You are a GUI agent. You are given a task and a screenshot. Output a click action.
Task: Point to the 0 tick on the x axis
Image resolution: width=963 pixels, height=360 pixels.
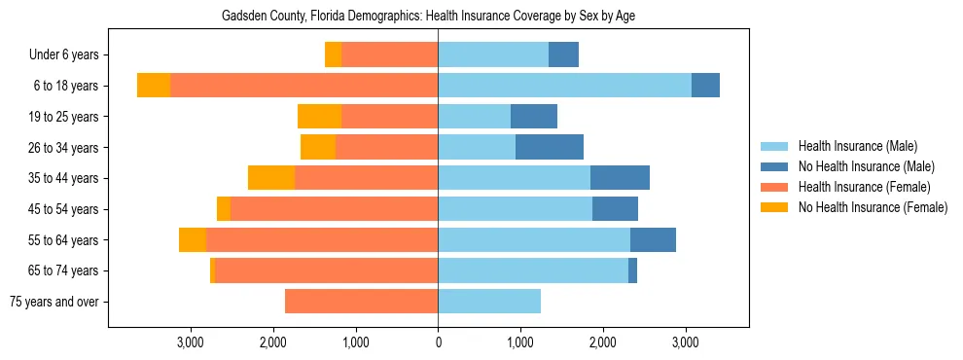click(x=438, y=342)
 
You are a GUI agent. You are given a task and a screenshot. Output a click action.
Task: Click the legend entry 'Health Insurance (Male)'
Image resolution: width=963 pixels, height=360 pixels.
click(x=857, y=146)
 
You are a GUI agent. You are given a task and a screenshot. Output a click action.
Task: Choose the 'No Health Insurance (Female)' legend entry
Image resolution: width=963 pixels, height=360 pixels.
click(x=873, y=207)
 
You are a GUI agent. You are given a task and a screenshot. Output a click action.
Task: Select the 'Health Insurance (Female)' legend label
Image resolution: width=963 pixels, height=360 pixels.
click(x=864, y=187)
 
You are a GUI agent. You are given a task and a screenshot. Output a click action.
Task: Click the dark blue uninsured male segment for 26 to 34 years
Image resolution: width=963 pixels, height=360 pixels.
click(x=550, y=147)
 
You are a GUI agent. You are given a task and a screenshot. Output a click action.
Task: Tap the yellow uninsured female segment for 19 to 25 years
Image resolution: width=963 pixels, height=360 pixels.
click(x=319, y=117)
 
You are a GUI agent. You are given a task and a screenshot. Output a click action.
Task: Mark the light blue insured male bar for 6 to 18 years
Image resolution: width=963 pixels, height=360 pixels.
click(x=564, y=86)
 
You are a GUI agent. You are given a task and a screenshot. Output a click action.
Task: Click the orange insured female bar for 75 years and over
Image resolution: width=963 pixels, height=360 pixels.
click(x=361, y=302)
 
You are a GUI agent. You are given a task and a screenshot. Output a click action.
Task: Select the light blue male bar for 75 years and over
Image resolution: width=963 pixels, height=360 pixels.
click(x=489, y=302)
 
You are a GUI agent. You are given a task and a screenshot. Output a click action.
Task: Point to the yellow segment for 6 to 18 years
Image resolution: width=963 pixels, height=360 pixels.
click(x=154, y=86)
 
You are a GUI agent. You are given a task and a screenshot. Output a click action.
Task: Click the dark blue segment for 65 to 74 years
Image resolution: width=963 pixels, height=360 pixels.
click(x=632, y=270)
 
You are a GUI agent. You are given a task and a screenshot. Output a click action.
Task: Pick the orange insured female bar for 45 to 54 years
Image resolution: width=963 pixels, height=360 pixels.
click(x=334, y=209)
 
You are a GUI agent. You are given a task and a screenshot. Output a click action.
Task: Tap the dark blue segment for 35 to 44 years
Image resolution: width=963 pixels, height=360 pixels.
click(x=620, y=178)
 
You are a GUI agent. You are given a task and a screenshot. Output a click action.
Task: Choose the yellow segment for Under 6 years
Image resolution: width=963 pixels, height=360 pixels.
click(x=333, y=55)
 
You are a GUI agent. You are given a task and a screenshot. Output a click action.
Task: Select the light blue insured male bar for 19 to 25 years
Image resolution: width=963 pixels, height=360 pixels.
click(x=474, y=117)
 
